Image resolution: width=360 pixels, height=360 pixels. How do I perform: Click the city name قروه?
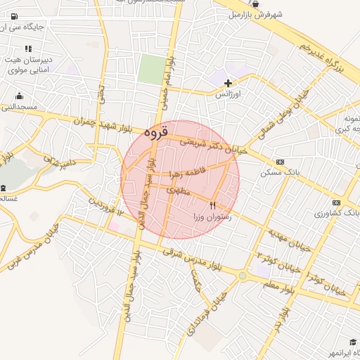pos(157,131)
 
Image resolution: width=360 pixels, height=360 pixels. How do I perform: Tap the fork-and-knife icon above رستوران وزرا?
pos(213,205)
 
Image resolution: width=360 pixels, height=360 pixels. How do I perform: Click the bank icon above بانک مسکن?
pos(280,162)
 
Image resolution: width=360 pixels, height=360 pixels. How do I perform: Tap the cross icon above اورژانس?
pos(228,83)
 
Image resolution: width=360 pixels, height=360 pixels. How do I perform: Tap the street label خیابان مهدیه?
pos(288,240)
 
